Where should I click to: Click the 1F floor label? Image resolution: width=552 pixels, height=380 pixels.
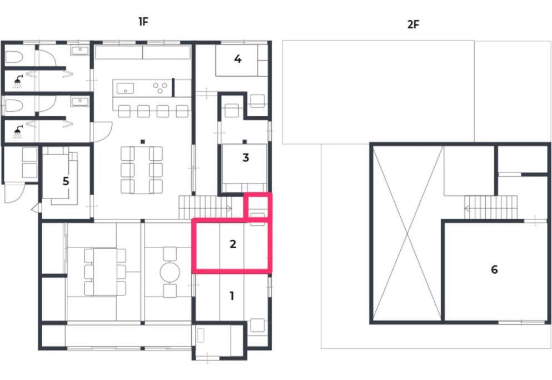click(143, 22)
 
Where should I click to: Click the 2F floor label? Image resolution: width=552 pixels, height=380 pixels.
click(413, 24)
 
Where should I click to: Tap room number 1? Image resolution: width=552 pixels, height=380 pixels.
click(232, 296)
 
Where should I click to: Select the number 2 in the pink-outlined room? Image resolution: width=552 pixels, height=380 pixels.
click(233, 244)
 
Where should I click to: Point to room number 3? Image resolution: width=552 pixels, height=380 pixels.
click(246, 157)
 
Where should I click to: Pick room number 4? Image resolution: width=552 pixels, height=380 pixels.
click(237, 59)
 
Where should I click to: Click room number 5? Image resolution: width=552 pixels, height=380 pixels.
click(66, 181)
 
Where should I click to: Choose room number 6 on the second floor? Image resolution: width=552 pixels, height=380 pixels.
click(494, 270)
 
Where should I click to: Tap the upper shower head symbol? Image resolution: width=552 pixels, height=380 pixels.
click(18, 82)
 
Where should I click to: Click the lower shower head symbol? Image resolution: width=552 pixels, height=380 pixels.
click(18, 132)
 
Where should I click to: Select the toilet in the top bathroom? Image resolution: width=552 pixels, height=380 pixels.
click(14, 57)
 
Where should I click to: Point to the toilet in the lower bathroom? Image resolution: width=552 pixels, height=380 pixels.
click(14, 105)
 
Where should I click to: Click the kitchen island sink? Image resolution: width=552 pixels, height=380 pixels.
click(125, 88)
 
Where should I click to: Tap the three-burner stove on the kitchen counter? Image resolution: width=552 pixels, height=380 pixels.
click(160, 87)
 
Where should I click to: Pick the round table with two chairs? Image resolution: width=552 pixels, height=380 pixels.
click(170, 272)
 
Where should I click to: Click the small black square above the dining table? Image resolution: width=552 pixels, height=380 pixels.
click(142, 142)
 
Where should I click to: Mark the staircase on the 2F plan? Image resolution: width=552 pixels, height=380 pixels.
click(491, 208)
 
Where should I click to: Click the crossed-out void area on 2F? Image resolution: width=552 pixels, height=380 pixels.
click(407, 234)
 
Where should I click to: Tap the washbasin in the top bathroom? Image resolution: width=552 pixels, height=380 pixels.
click(80, 51)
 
